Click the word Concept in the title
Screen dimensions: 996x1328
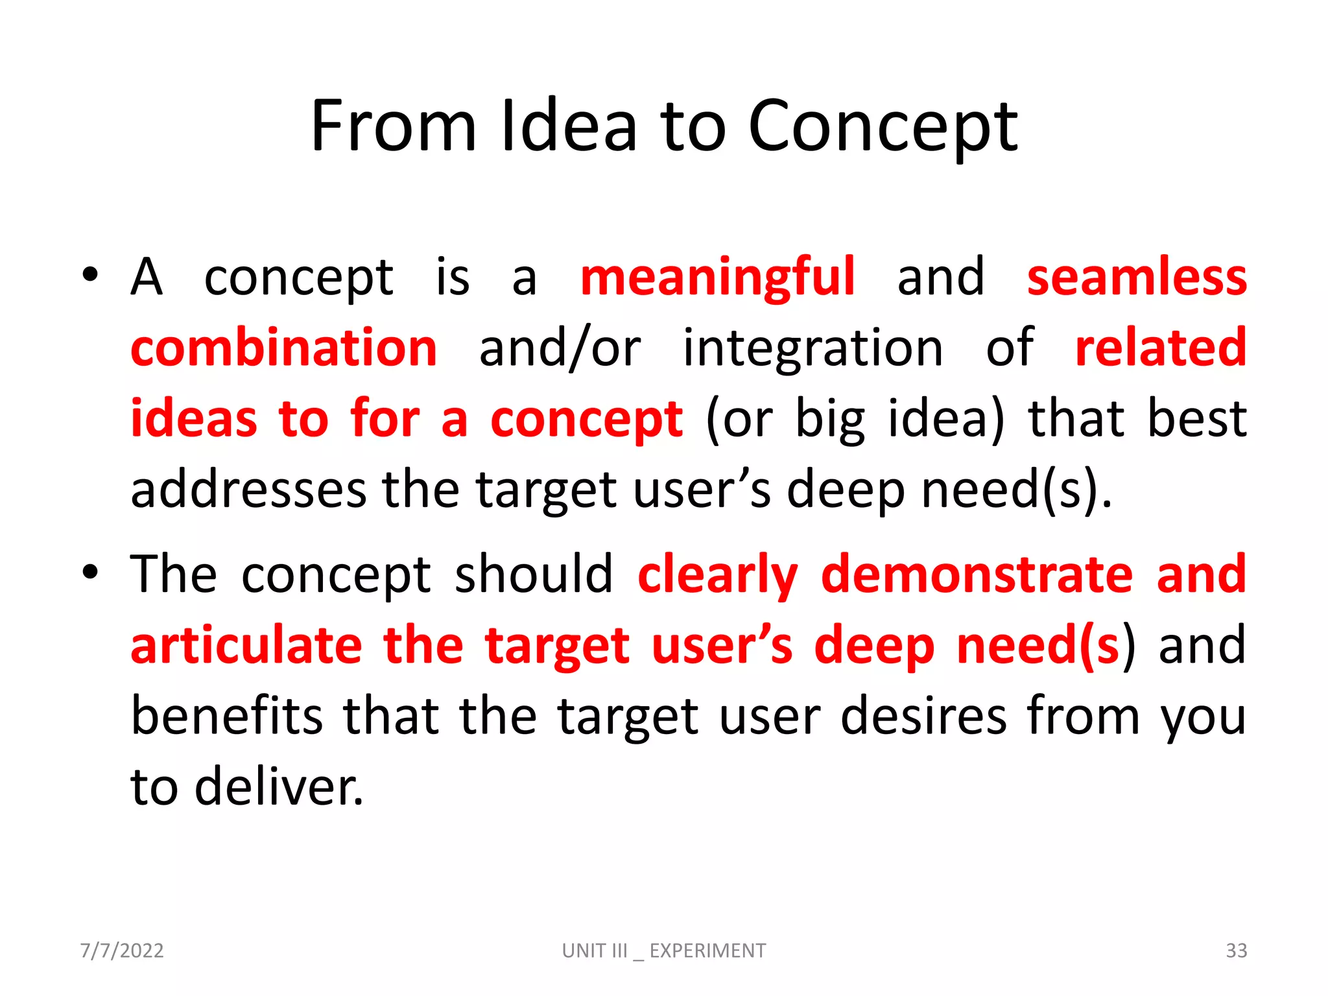pos(883,127)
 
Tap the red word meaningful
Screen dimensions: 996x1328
pos(718,278)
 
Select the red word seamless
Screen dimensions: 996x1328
pos(1137,278)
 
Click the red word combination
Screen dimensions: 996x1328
pos(284,348)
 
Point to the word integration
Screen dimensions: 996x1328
pos(813,348)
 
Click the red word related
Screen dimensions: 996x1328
pos(1160,348)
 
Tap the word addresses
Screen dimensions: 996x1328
pos(248,490)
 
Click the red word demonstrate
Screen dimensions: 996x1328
pos(977,575)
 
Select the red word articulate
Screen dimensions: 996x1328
pos(246,646)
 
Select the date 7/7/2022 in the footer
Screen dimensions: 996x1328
pos(122,951)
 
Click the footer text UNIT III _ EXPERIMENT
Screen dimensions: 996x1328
pos(663,951)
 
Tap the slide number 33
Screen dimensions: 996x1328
pos(1236,951)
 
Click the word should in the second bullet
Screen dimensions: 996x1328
pos(534,575)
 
